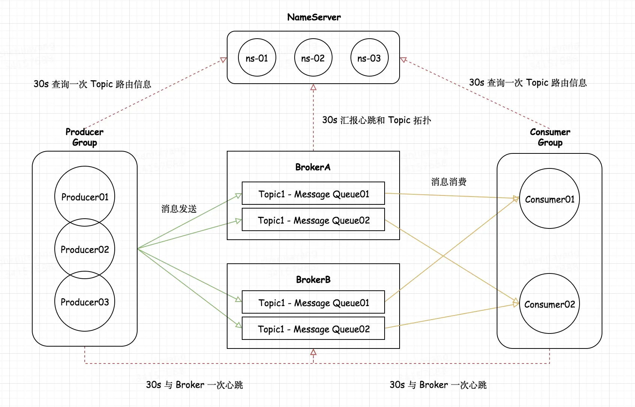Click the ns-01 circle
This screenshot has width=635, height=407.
(x=257, y=58)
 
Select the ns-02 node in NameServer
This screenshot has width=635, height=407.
(x=313, y=58)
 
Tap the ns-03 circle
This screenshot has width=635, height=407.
(x=369, y=58)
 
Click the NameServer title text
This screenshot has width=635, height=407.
(x=314, y=17)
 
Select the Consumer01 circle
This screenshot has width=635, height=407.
(x=549, y=199)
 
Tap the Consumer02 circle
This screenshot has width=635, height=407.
(x=549, y=304)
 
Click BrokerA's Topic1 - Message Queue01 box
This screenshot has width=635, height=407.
(x=313, y=194)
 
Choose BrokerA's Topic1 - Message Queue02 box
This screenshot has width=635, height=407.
(x=313, y=220)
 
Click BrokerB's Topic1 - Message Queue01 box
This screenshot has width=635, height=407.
(x=313, y=302)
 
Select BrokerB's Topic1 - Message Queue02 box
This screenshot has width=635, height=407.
(x=313, y=329)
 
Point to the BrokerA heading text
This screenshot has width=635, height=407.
(x=313, y=167)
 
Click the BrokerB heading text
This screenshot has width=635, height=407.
(x=313, y=280)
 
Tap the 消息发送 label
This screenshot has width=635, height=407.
(x=179, y=209)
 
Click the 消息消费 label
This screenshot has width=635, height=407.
(x=449, y=182)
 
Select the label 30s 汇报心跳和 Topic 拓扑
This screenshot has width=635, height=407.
(x=376, y=120)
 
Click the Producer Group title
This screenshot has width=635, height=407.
(x=85, y=137)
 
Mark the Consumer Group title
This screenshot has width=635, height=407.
(x=550, y=137)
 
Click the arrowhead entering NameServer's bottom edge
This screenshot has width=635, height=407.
(x=313, y=87)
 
